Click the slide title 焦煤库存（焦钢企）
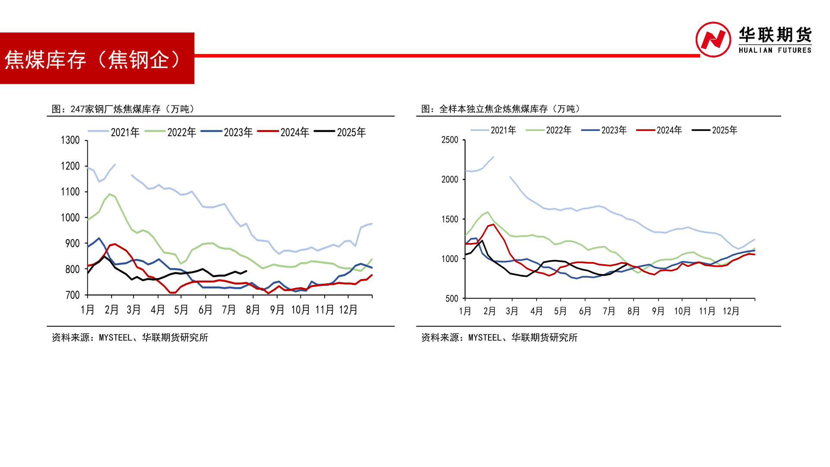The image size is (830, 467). click(x=93, y=60)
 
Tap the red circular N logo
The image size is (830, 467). click(x=713, y=40)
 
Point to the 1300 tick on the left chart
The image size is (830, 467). click(x=70, y=140)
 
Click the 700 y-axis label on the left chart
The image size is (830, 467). click(x=73, y=295)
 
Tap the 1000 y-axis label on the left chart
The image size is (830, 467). click(x=70, y=218)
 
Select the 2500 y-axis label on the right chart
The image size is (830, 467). click(x=450, y=140)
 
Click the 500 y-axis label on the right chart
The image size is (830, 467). click(x=452, y=298)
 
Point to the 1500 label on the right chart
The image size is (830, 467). click(x=450, y=219)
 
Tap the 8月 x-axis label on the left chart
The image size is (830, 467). click(x=253, y=310)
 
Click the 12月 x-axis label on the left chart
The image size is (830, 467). click(x=348, y=310)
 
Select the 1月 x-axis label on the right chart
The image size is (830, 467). click(x=465, y=311)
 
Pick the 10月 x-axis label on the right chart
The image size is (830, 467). click(x=683, y=311)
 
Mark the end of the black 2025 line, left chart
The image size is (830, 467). click(x=246, y=271)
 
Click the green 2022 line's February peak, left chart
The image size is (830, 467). click(x=110, y=194)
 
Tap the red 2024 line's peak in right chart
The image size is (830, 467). click(x=493, y=224)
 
